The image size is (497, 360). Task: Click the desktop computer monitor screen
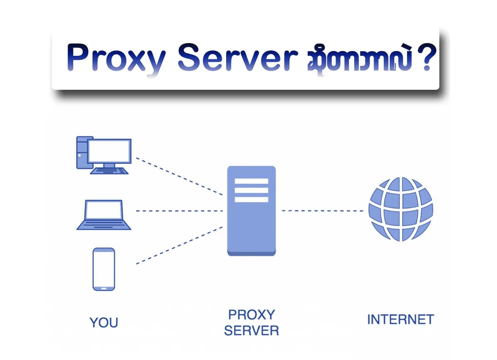109,151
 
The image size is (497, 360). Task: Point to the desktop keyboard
110,170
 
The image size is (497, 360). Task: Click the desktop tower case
82,152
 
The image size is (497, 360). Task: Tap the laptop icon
104,215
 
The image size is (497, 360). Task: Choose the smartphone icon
104,269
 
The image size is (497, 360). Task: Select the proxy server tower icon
251,211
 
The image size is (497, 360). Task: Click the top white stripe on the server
251,181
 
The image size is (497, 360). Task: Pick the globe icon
400,209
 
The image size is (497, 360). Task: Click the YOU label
104,322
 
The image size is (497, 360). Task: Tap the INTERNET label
400,319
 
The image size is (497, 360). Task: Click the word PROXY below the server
251,315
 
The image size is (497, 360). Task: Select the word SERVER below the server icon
251,331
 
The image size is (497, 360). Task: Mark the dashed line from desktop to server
179,176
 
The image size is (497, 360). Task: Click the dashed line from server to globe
322,211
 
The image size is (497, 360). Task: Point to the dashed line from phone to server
179,245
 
